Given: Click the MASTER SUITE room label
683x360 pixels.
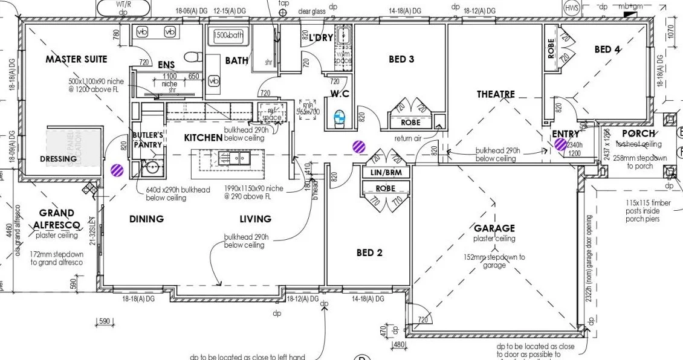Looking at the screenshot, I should coord(76,59).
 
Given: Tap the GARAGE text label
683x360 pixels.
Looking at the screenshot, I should coord(494,228).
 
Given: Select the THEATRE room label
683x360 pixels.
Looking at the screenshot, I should coord(496,94).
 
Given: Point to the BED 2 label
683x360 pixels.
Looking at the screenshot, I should coord(369,252).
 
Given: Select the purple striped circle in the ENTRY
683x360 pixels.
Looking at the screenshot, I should coord(560,144).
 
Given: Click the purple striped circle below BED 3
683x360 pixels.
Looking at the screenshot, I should coord(359,146).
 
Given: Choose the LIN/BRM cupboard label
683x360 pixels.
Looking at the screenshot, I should coord(386,173).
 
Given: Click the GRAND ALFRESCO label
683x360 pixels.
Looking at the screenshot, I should coord(57,219).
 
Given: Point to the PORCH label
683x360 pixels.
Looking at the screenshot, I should coord(638,133).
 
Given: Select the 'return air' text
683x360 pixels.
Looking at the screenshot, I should coord(407,138).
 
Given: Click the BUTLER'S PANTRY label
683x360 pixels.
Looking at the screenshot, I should coord(147,140).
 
